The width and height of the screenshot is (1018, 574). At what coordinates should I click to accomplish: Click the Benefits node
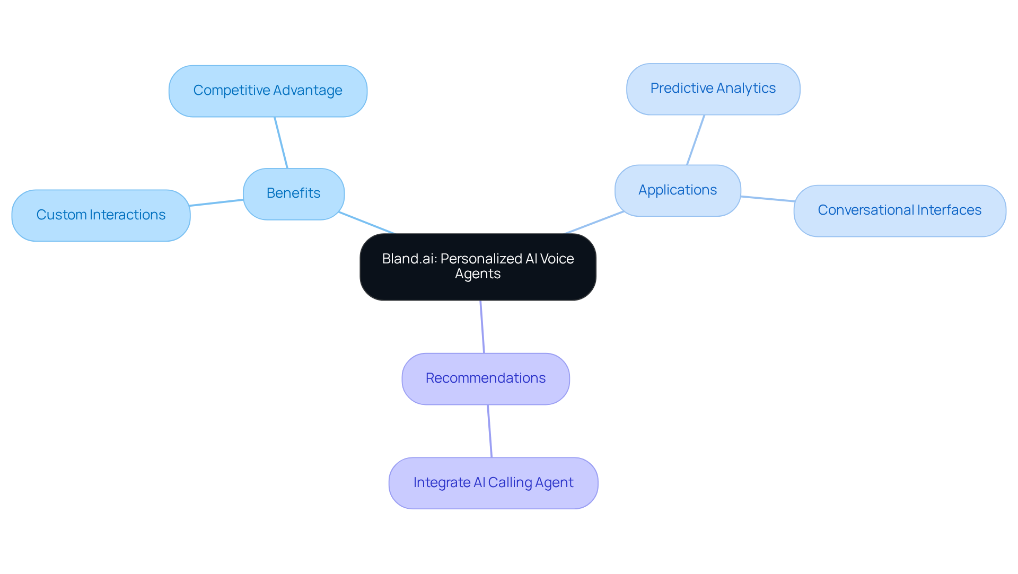coord(293,194)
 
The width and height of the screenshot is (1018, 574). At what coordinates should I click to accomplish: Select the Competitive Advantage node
coord(268,91)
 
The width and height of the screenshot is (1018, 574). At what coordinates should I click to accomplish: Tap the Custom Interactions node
coord(101,215)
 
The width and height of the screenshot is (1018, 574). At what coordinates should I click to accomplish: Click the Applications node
coord(677,190)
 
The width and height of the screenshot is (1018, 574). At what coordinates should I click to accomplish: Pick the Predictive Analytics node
coord(713,89)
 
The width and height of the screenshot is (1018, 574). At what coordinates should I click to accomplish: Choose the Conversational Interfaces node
coord(899,210)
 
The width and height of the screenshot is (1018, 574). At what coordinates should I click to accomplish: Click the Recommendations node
coord(485,378)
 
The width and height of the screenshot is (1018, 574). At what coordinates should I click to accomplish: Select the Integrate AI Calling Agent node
coord(493,483)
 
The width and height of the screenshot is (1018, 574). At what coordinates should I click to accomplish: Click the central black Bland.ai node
coord(477,267)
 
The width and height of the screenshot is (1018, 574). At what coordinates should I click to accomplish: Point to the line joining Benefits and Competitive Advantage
coord(281,143)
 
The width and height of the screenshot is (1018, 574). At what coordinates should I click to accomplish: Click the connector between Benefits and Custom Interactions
coord(216,202)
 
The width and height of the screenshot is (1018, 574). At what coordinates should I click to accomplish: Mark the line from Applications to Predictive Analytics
coord(696,140)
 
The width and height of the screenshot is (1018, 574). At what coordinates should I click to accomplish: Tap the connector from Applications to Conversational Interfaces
coord(767,199)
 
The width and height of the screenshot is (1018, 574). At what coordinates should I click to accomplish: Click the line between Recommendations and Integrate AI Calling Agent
coord(490,431)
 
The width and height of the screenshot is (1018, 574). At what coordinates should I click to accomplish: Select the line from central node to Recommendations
coord(482,326)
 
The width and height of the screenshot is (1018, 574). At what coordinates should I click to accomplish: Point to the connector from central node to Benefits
coord(367,223)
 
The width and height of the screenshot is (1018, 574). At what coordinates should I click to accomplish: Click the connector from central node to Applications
coord(594,222)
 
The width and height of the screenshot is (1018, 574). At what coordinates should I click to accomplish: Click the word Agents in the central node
coord(477,274)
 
